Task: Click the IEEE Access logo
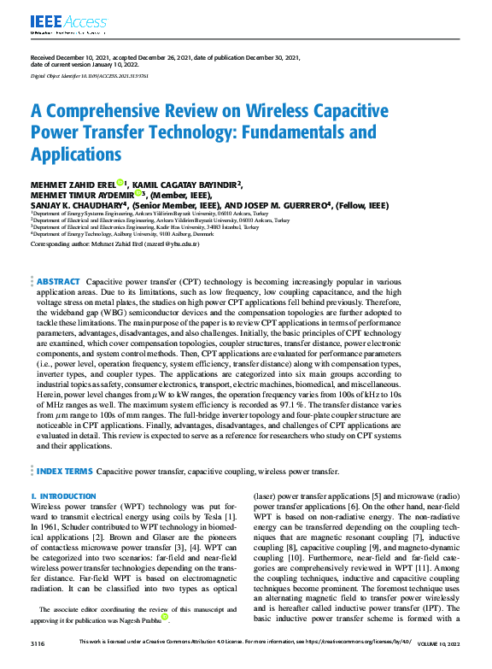[57, 21]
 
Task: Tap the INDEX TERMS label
[65, 470]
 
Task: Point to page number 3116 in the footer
[38, 641]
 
